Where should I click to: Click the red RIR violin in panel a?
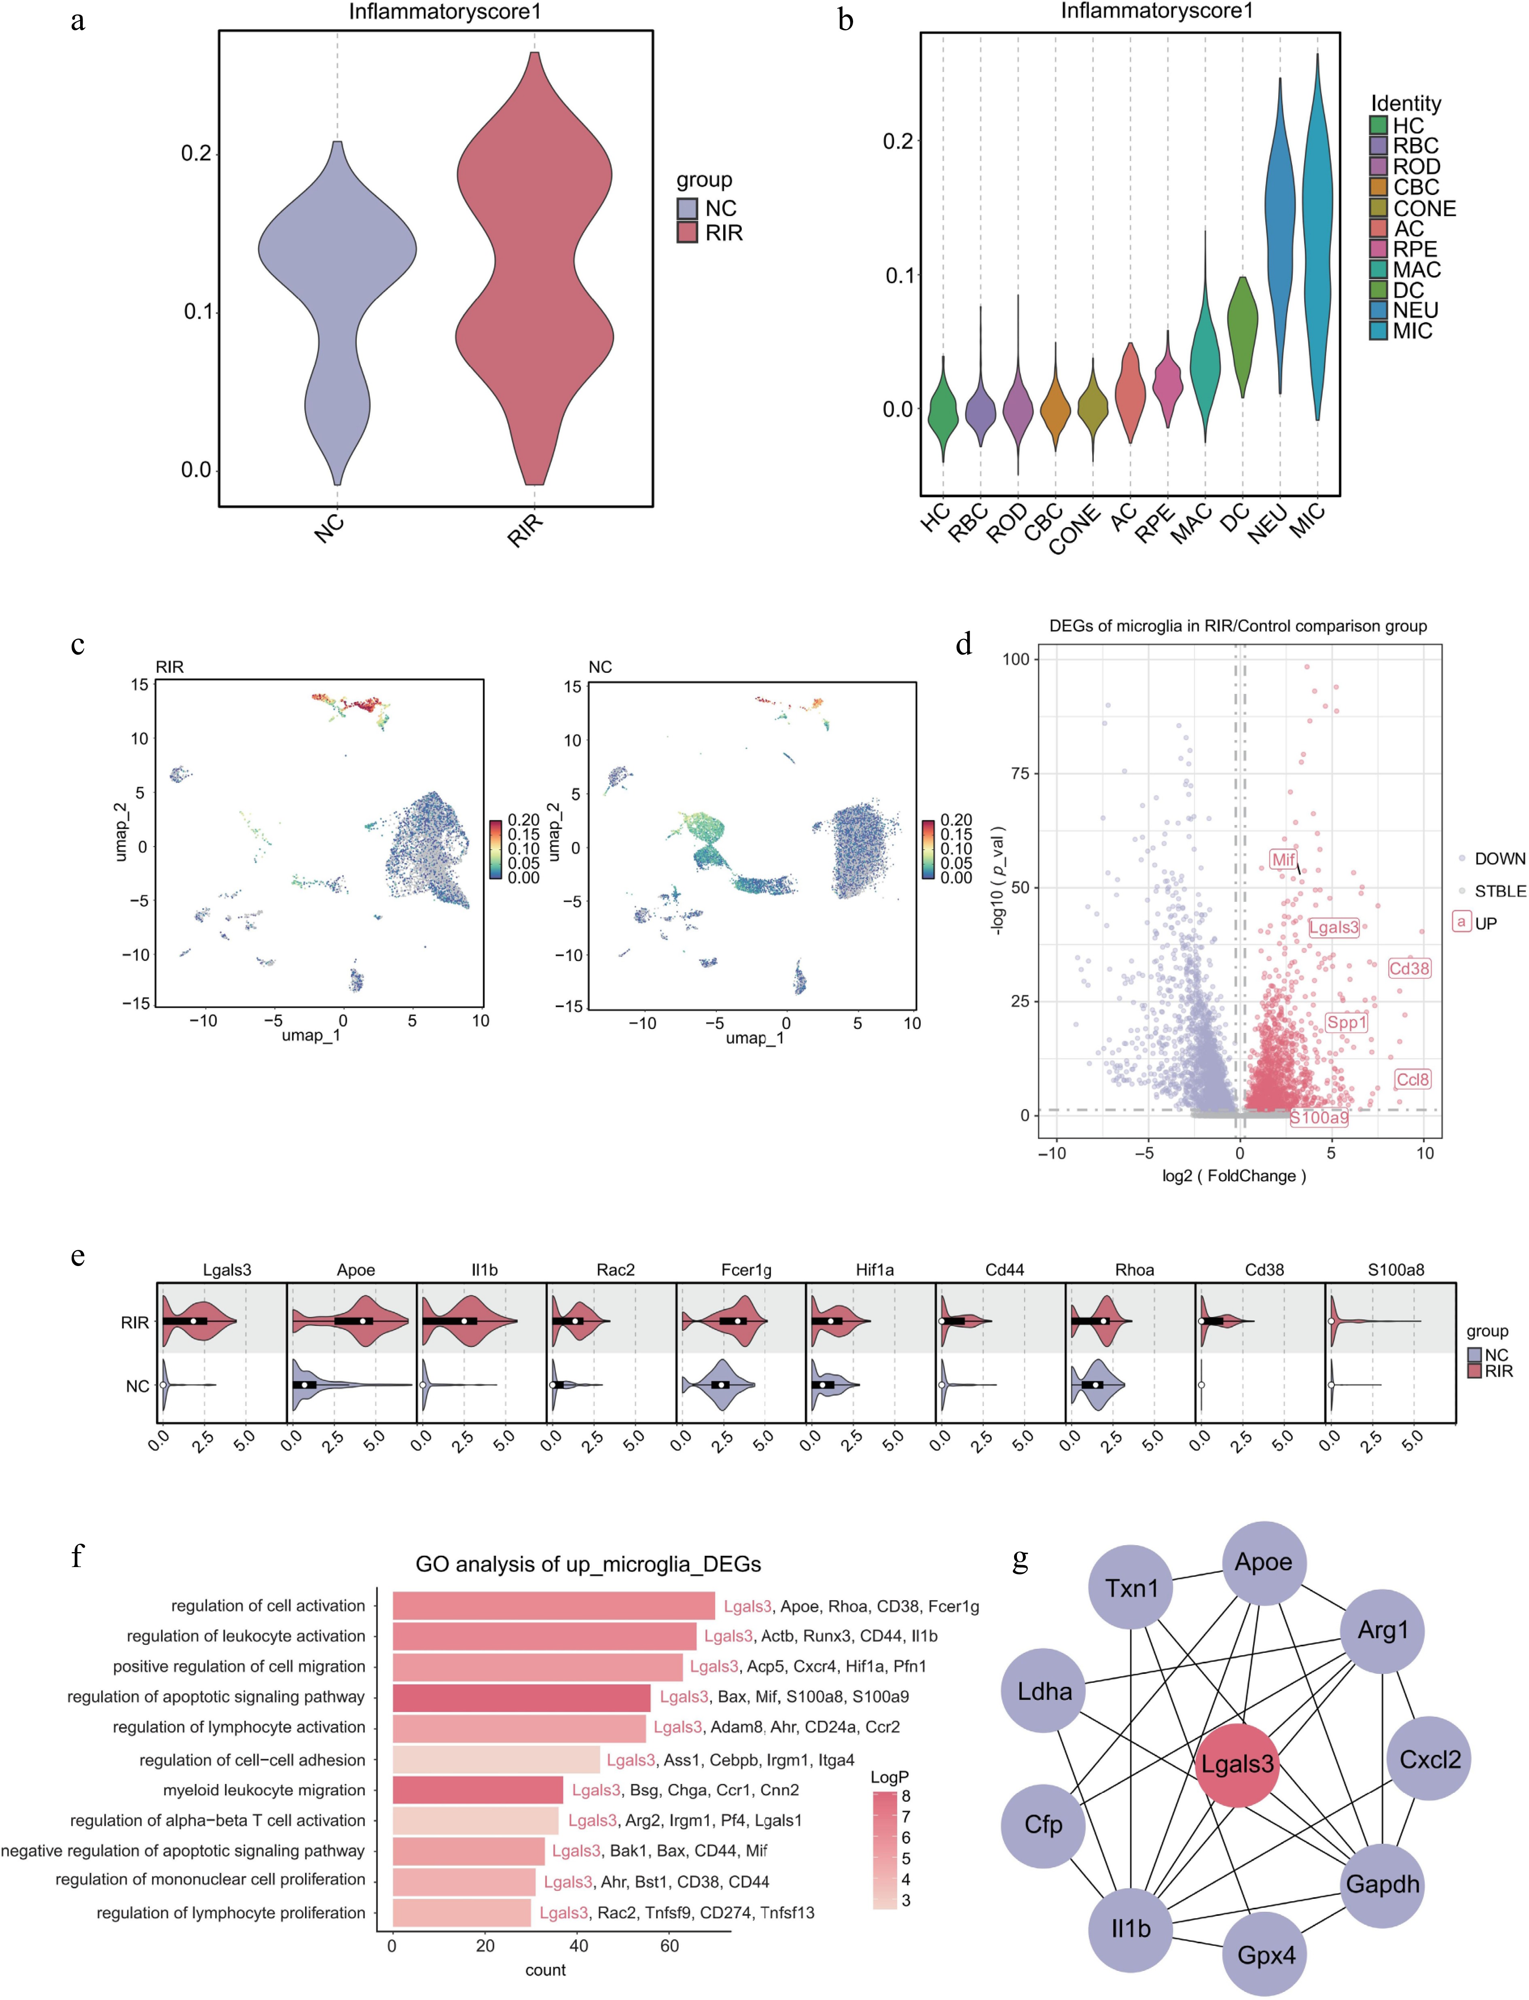click(x=534, y=273)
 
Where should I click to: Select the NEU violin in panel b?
click(x=1280, y=227)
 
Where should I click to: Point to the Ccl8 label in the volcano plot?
click(x=1413, y=1080)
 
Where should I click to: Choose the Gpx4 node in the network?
click(x=1265, y=1955)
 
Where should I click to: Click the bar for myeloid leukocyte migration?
click(x=478, y=1790)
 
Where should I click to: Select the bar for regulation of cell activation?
click(x=553, y=1606)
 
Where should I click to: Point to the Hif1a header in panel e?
click(x=875, y=1270)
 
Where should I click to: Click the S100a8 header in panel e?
click(x=1395, y=1270)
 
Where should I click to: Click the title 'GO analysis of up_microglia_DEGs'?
click(x=588, y=1564)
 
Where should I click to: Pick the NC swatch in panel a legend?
click(x=687, y=208)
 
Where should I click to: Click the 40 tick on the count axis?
click(x=579, y=1946)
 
